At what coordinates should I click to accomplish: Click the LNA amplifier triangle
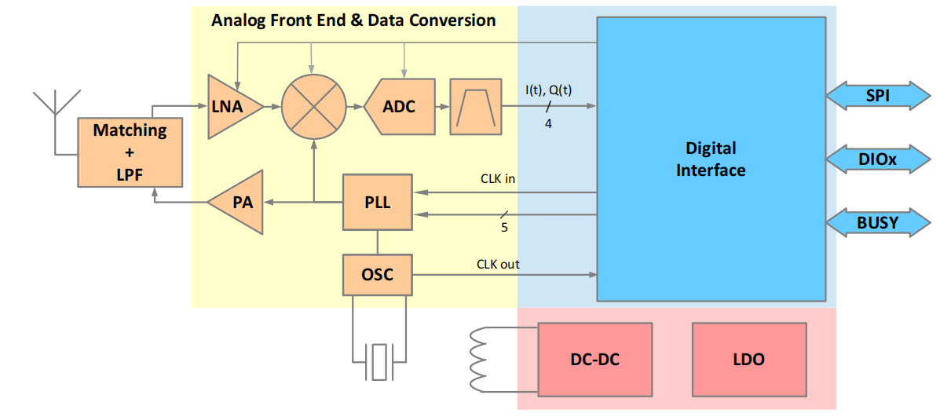click(231, 107)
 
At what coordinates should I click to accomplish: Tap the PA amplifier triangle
click(240, 203)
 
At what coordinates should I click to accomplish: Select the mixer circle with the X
click(313, 107)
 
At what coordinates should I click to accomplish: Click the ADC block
click(399, 106)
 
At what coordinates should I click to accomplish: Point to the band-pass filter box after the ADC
click(475, 106)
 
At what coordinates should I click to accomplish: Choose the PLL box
click(378, 202)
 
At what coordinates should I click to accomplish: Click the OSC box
click(378, 274)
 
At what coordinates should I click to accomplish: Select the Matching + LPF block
click(130, 152)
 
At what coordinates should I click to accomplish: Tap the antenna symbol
click(57, 110)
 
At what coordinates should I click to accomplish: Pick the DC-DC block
click(594, 360)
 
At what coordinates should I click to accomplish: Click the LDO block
click(748, 360)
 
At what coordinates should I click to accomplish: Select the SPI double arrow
click(877, 96)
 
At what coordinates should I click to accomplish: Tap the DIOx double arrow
click(877, 159)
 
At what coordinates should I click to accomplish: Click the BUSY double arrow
click(877, 223)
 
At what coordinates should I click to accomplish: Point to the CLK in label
click(498, 179)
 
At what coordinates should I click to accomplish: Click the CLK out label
click(498, 265)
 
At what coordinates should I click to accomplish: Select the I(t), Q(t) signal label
click(548, 90)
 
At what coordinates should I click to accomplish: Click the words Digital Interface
click(711, 159)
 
